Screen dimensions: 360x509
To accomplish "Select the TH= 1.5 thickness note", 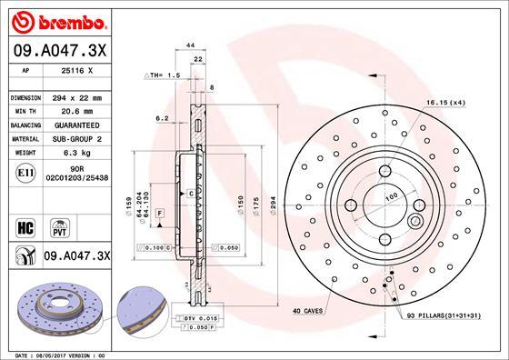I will tap(160, 75).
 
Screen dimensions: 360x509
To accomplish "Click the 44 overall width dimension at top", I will tap(192, 45).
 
